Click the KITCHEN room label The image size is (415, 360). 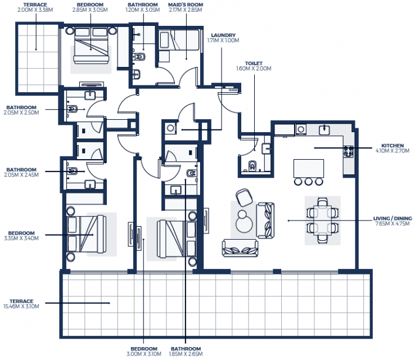(393, 146)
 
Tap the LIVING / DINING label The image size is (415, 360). (393, 218)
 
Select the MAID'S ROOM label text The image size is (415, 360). (186, 4)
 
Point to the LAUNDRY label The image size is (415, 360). (223, 35)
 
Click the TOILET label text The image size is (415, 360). (254, 64)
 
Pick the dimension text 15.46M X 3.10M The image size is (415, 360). (21, 307)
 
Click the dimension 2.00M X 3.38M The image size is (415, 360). (35, 10)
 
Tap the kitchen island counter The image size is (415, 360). (309, 168)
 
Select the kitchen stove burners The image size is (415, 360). (348, 152)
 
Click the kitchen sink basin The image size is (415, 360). (324, 130)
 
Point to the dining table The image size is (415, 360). (322, 220)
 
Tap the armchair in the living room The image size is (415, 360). (244, 197)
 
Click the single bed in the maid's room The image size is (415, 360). (185, 40)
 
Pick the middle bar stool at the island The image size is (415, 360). (308, 182)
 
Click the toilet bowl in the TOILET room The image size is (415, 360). (252, 165)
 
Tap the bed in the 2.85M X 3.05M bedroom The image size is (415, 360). (91, 46)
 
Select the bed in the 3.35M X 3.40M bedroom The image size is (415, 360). (87, 234)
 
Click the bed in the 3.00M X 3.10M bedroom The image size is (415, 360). (177, 238)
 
